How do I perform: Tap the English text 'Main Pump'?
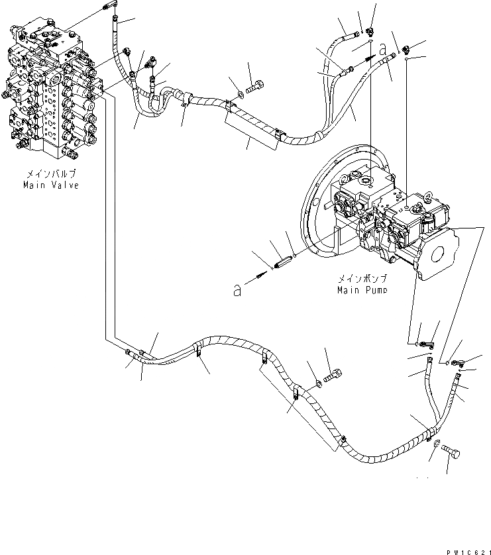pos(360,289)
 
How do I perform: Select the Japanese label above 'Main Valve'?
pos(52,174)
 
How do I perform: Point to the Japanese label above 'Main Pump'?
pos(360,279)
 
